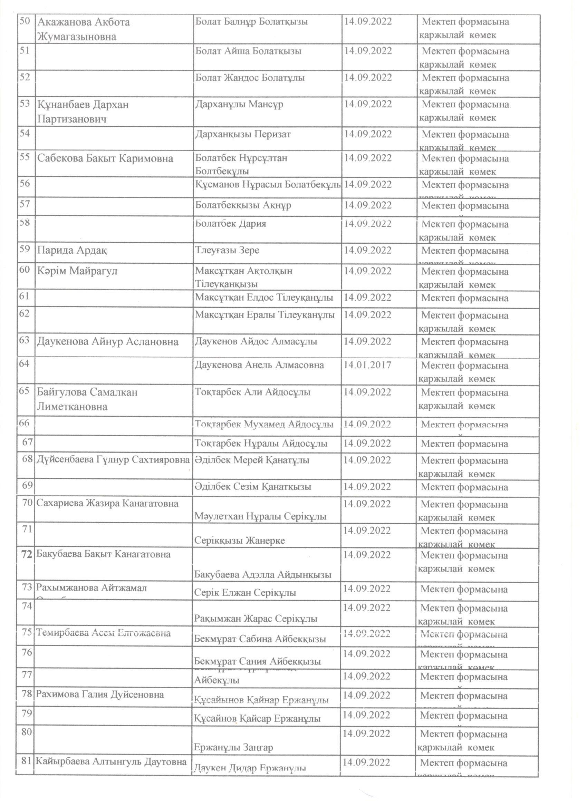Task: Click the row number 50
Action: (25, 21)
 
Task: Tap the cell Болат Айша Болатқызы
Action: (248, 51)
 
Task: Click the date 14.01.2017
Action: (367, 365)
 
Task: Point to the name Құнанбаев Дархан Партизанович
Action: (83, 112)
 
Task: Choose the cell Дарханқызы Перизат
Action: (243, 134)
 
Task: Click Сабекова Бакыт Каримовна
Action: (105, 158)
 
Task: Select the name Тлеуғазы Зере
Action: (227, 250)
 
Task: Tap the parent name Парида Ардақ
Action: (72, 251)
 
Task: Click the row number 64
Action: (24, 364)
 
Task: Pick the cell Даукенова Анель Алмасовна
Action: (259, 365)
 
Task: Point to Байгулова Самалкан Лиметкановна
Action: (87, 399)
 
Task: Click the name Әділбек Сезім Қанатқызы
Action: (253, 487)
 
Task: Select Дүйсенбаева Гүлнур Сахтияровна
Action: (113, 460)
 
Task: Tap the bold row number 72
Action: (27, 554)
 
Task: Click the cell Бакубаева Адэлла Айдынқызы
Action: (263, 575)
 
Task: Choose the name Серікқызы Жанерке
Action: (240, 541)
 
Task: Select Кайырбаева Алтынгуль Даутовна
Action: (111, 762)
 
